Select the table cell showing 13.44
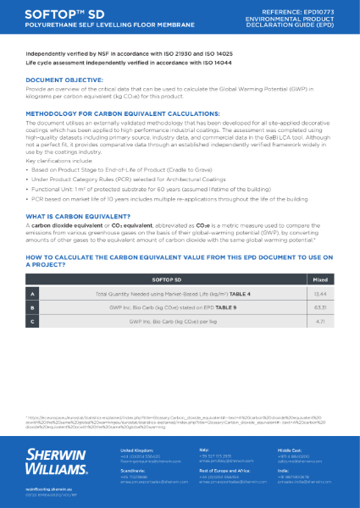click(320, 292)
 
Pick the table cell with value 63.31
click(320, 306)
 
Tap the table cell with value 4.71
click(320, 322)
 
